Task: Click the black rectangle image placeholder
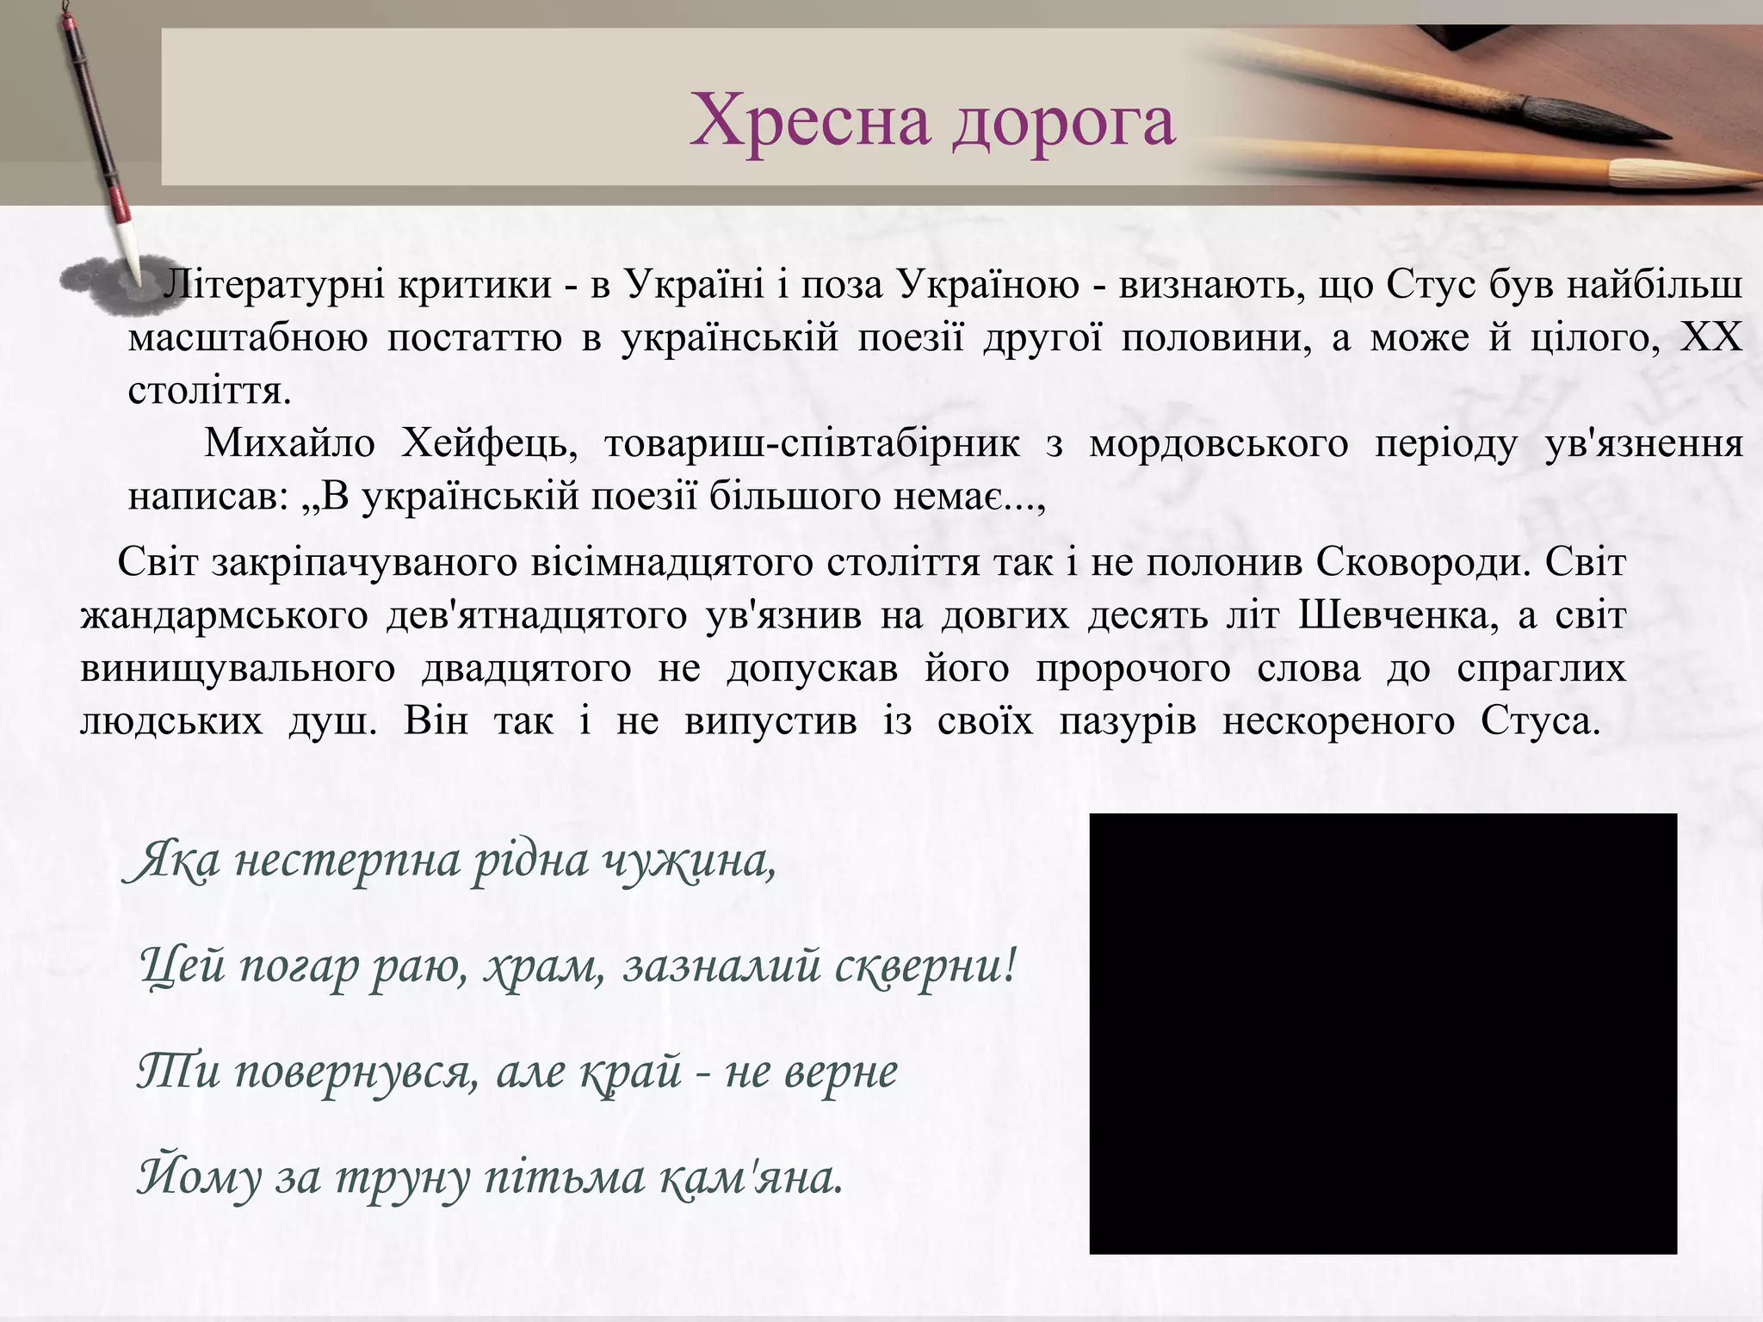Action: [1383, 1033]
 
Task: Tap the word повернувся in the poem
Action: [356, 1072]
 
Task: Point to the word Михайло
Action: [289, 444]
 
